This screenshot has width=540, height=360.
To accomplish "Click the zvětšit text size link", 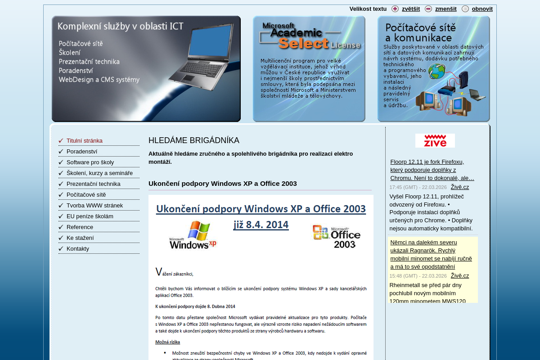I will (x=410, y=9).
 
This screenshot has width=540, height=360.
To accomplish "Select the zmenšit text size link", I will (x=445, y=9).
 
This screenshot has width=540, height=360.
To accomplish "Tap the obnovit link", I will (x=482, y=9).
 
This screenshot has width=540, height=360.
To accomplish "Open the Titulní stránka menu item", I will (x=85, y=141).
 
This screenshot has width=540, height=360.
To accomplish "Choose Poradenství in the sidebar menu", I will (x=82, y=152).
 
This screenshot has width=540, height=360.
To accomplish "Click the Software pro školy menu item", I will (x=90, y=162).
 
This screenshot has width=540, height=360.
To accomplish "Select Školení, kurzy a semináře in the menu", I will (x=99, y=173).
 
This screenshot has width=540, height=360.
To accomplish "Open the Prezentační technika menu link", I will (x=94, y=184).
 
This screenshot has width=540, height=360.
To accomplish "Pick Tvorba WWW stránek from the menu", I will (x=94, y=206).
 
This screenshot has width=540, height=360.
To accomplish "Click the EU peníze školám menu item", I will (x=90, y=216).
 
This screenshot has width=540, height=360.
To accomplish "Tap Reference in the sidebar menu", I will (x=80, y=227).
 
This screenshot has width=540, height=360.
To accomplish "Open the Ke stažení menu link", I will (x=80, y=238).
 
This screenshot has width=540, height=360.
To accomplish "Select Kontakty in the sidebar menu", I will (x=78, y=249).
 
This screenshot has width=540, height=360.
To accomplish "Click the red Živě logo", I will (x=435, y=140).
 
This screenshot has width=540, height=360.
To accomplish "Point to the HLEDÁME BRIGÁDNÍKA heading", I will (x=194, y=140).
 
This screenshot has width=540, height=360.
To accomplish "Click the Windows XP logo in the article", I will (x=193, y=235).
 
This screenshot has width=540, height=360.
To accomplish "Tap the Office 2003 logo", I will (x=337, y=236).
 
